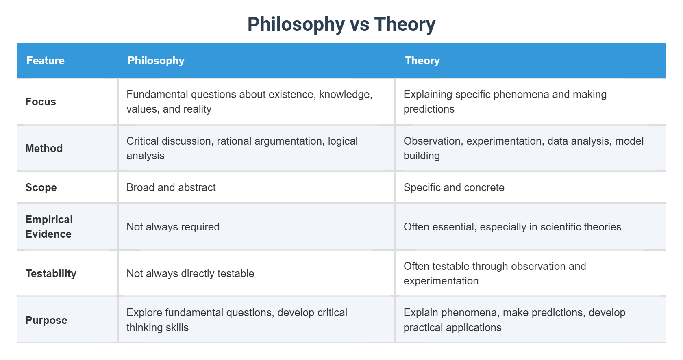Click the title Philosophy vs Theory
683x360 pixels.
[x=341, y=24]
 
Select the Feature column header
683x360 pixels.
[x=46, y=61]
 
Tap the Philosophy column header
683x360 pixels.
[x=156, y=61]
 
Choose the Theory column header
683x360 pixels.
[x=422, y=61]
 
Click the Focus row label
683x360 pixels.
[x=41, y=102]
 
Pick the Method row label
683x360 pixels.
[x=44, y=148]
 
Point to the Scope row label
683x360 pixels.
[x=41, y=187]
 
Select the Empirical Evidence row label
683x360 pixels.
[x=49, y=227]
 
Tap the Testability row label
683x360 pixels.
[x=51, y=273]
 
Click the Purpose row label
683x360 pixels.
[x=46, y=320]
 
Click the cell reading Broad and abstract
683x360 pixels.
[x=171, y=187]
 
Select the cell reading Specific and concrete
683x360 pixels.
[x=454, y=187]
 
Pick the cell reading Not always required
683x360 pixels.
[x=173, y=227]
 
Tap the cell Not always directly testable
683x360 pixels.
[x=190, y=273]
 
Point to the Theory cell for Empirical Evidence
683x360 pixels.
[x=512, y=227]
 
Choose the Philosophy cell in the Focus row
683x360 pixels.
[x=249, y=102]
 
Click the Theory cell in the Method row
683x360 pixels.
[x=524, y=148]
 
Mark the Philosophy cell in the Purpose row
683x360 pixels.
[x=237, y=320]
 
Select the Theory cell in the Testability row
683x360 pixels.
[x=495, y=273]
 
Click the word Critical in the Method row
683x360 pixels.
[x=142, y=141]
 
